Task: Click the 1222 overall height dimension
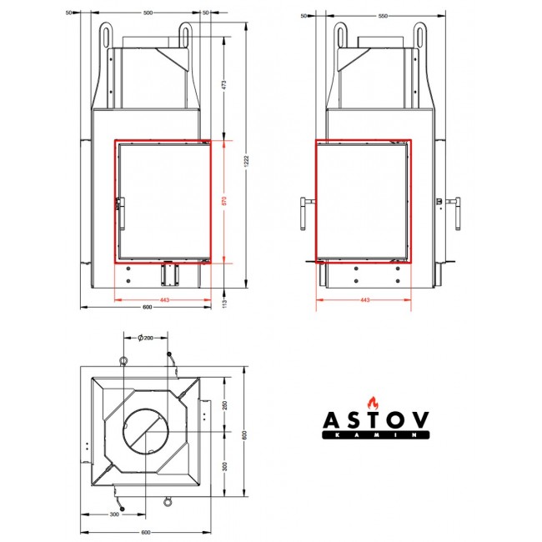pyautogui.click(x=246, y=162)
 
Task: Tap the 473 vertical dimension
pyautogui.click(x=223, y=85)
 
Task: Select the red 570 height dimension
pyautogui.click(x=224, y=201)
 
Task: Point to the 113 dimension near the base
pyautogui.click(x=224, y=304)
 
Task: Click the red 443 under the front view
pyautogui.click(x=164, y=299)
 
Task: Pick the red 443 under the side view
pyautogui.click(x=365, y=299)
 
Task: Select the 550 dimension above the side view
pyautogui.click(x=383, y=16)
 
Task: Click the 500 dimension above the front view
pyautogui.click(x=148, y=13)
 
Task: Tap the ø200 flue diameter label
pyautogui.click(x=146, y=338)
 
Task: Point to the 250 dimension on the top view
pyautogui.click(x=224, y=404)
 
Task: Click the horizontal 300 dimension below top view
pyautogui.click(x=114, y=514)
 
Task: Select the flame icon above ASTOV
pyautogui.click(x=373, y=403)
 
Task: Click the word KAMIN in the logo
pyautogui.click(x=376, y=435)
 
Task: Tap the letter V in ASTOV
pyautogui.click(x=420, y=420)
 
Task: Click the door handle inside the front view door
pyautogui.click(x=121, y=213)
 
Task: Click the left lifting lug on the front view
pyautogui.click(x=106, y=35)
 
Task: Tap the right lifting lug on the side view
pyautogui.click(x=419, y=35)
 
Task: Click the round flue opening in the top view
pyautogui.click(x=146, y=431)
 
